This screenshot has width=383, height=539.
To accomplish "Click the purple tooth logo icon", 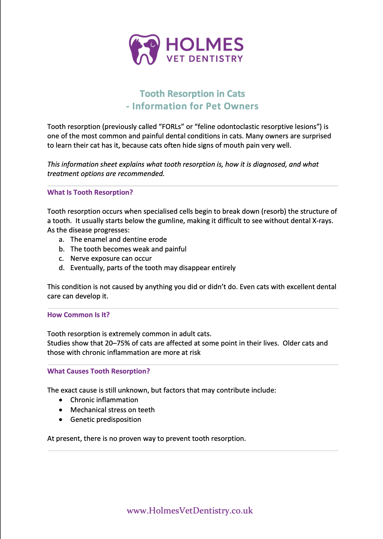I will (x=144, y=49).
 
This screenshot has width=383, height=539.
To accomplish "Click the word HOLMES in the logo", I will (x=205, y=45).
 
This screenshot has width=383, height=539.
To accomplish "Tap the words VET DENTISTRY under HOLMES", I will (x=205, y=59).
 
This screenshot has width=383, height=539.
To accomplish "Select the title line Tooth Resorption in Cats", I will (x=192, y=94).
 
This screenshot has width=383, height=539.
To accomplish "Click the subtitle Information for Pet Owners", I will (x=195, y=106).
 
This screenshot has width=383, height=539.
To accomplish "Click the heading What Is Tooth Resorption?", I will (x=90, y=193).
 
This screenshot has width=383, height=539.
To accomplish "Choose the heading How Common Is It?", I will (x=78, y=315).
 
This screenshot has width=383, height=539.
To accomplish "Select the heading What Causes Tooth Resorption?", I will (x=99, y=371).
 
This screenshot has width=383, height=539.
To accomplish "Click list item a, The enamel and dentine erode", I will (x=119, y=240).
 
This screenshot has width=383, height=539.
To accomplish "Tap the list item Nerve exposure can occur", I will (x=111, y=259).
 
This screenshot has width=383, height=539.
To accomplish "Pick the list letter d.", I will (x=61, y=268).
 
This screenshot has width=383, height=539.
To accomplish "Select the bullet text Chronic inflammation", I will (x=104, y=400).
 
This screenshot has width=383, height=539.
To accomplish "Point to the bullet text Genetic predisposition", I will (x=106, y=420).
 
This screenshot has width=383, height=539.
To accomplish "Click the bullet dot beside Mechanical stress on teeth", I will (x=61, y=410).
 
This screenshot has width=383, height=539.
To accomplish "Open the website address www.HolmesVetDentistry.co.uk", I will (x=190, y=511).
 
